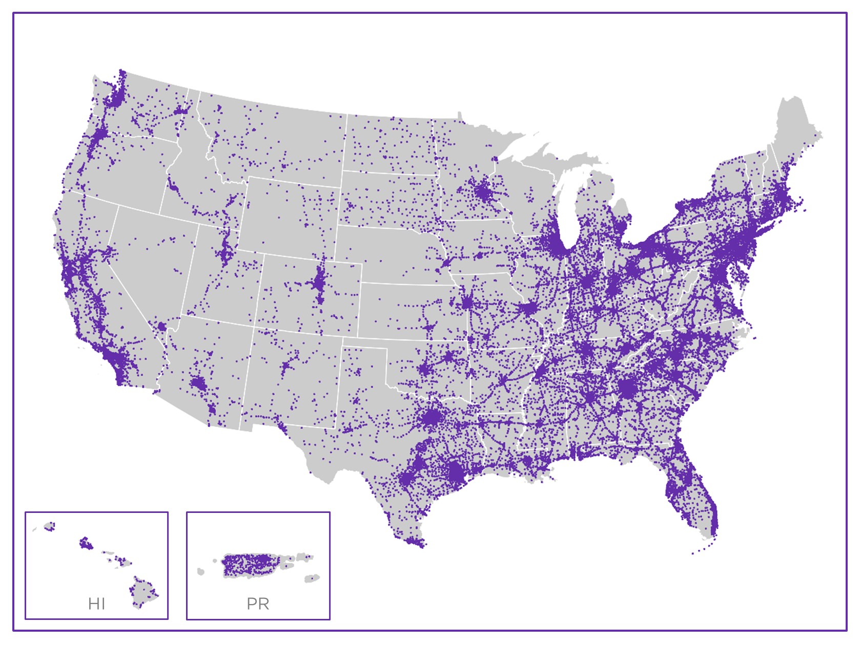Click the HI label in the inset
96,604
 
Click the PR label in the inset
258,604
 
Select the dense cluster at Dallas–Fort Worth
432,418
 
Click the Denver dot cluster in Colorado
320,282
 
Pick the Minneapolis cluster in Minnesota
482,192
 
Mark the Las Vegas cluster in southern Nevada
162,326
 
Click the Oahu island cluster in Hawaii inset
86,543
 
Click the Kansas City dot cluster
467,303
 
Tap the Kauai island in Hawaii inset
50,526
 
